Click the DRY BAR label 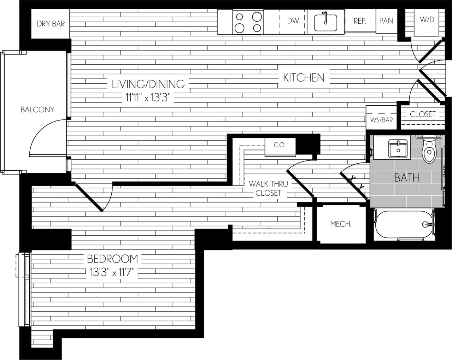click(51, 24)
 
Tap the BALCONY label click(37, 110)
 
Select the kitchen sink click(325, 22)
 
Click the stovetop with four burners click(248, 22)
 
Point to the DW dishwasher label click(293, 21)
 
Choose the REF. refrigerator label click(360, 21)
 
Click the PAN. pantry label click(387, 21)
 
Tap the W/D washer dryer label click(427, 19)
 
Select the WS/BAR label click(381, 120)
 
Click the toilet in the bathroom click(429, 150)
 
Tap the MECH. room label click(341, 224)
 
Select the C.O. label click(280, 145)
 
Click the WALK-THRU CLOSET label click(268, 188)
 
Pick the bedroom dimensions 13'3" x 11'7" click(112, 272)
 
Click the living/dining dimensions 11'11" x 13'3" click(148, 98)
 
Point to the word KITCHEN click(304, 77)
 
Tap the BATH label click(407, 177)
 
